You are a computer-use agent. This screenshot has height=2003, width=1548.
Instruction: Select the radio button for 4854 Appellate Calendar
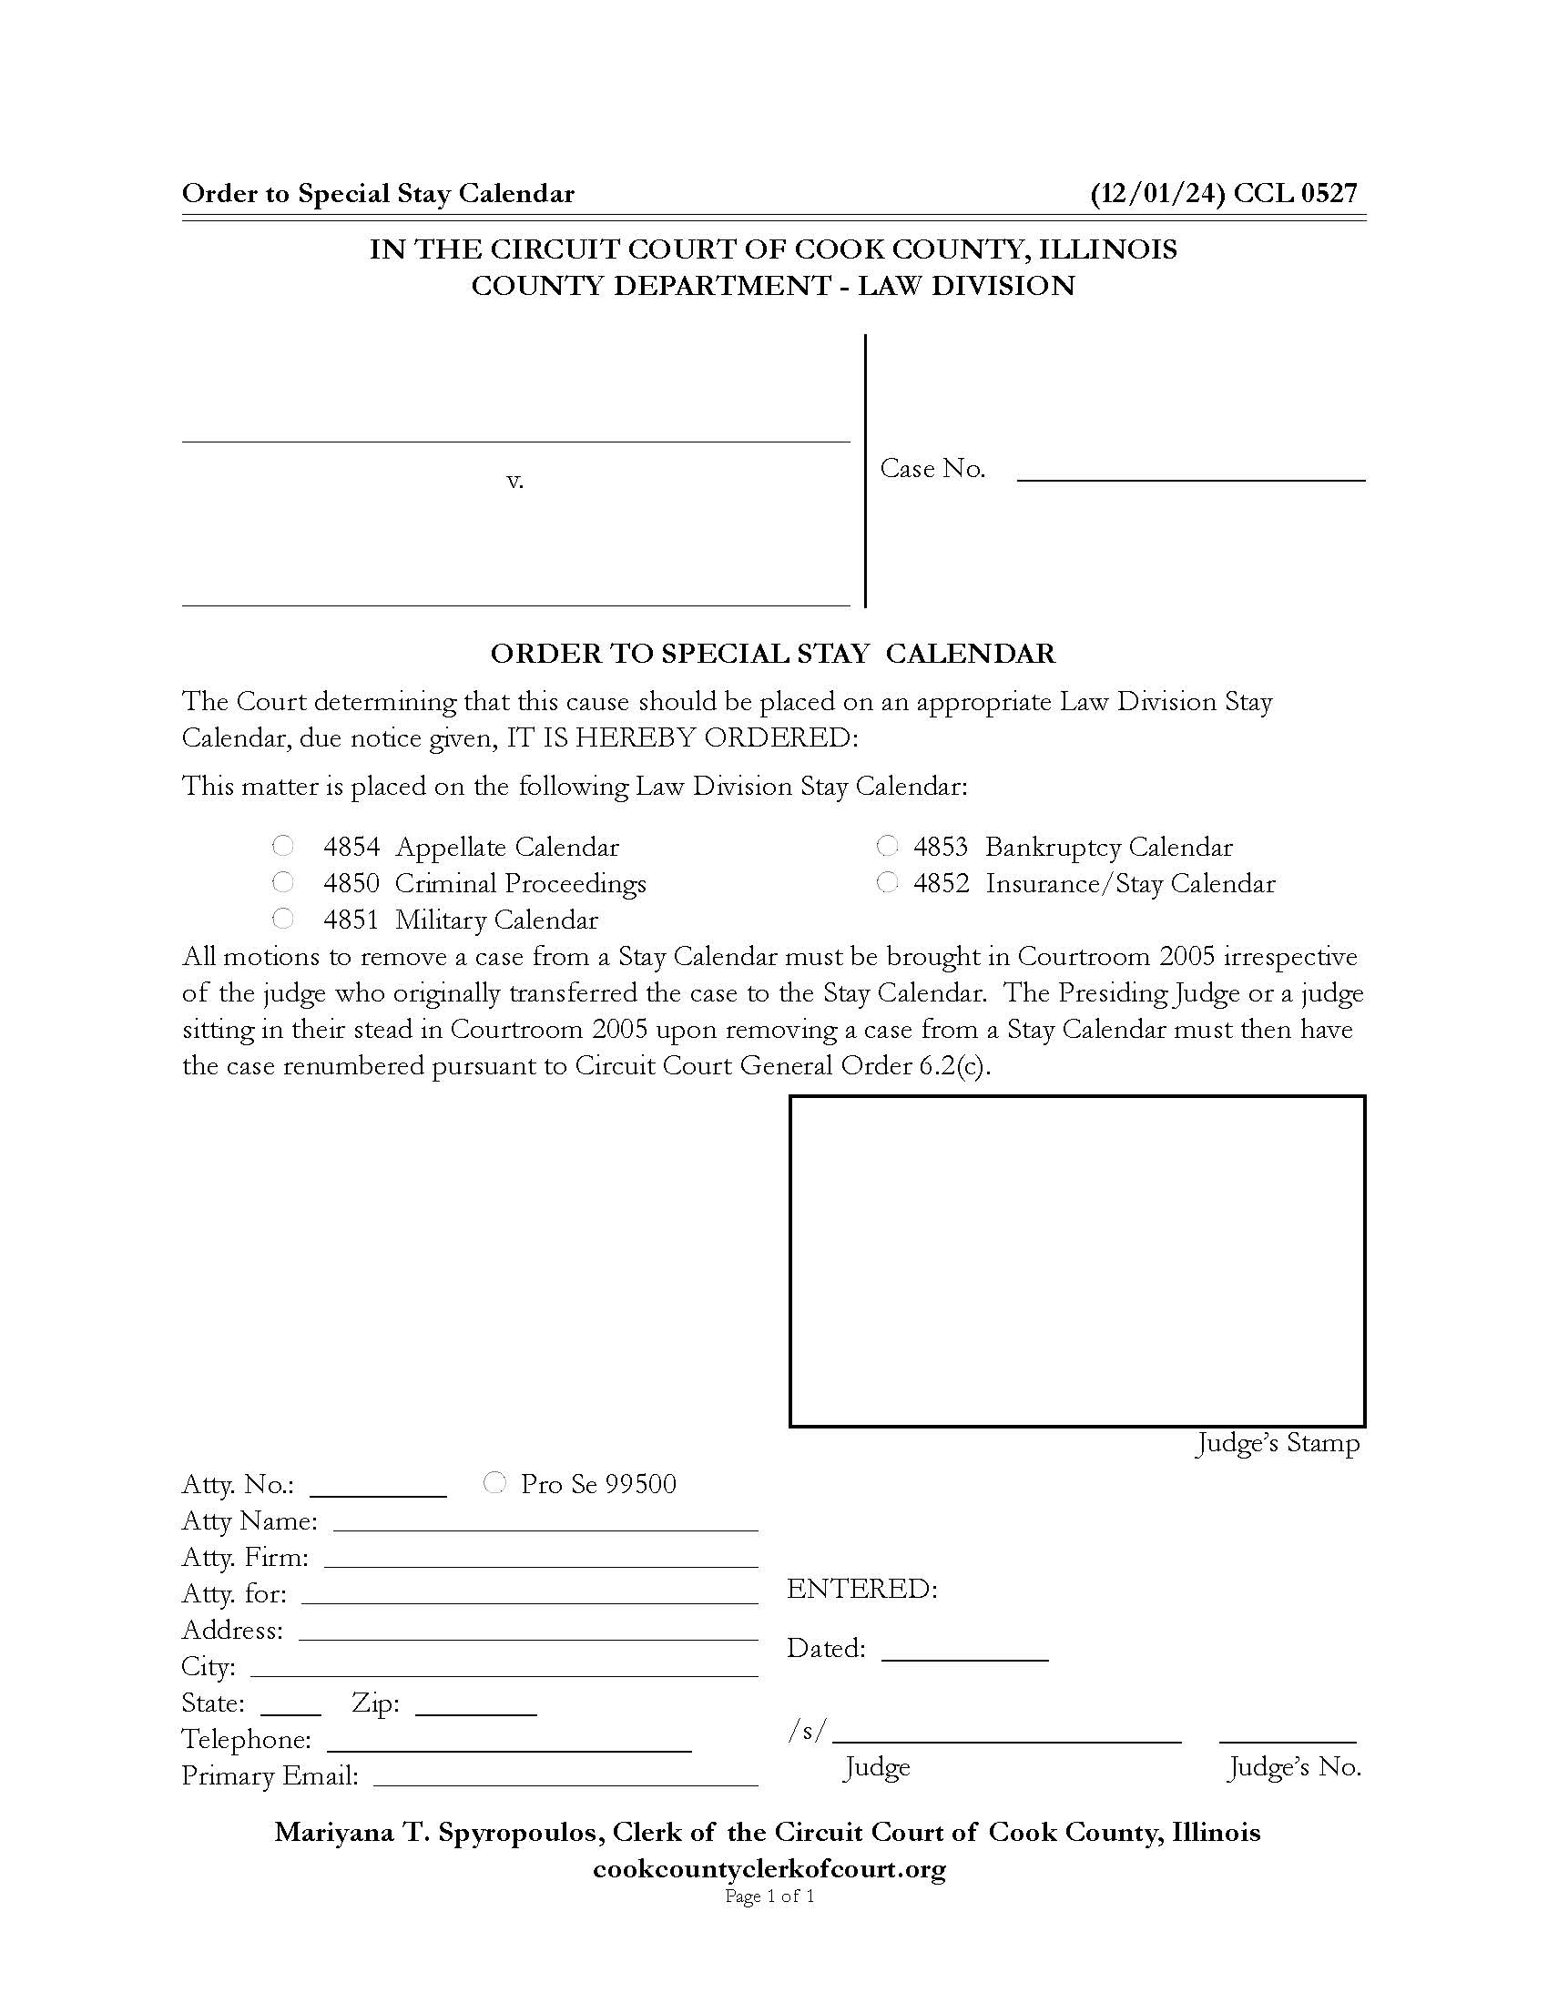click(x=283, y=845)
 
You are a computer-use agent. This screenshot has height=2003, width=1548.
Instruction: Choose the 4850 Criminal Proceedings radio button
click(x=283, y=881)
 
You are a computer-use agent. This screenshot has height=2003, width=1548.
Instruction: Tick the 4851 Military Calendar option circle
click(x=283, y=918)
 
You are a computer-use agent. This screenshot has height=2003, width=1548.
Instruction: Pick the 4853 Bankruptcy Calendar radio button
click(x=887, y=845)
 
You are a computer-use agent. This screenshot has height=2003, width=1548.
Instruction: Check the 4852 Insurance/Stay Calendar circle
click(x=887, y=881)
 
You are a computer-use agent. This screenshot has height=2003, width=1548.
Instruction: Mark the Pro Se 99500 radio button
click(x=494, y=1482)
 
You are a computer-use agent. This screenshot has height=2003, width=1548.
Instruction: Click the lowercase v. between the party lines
click(x=515, y=480)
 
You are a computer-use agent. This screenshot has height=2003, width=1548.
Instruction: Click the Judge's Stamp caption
click(x=1278, y=1444)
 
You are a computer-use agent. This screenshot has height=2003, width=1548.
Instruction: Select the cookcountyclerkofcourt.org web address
click(x=769, y=1868)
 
